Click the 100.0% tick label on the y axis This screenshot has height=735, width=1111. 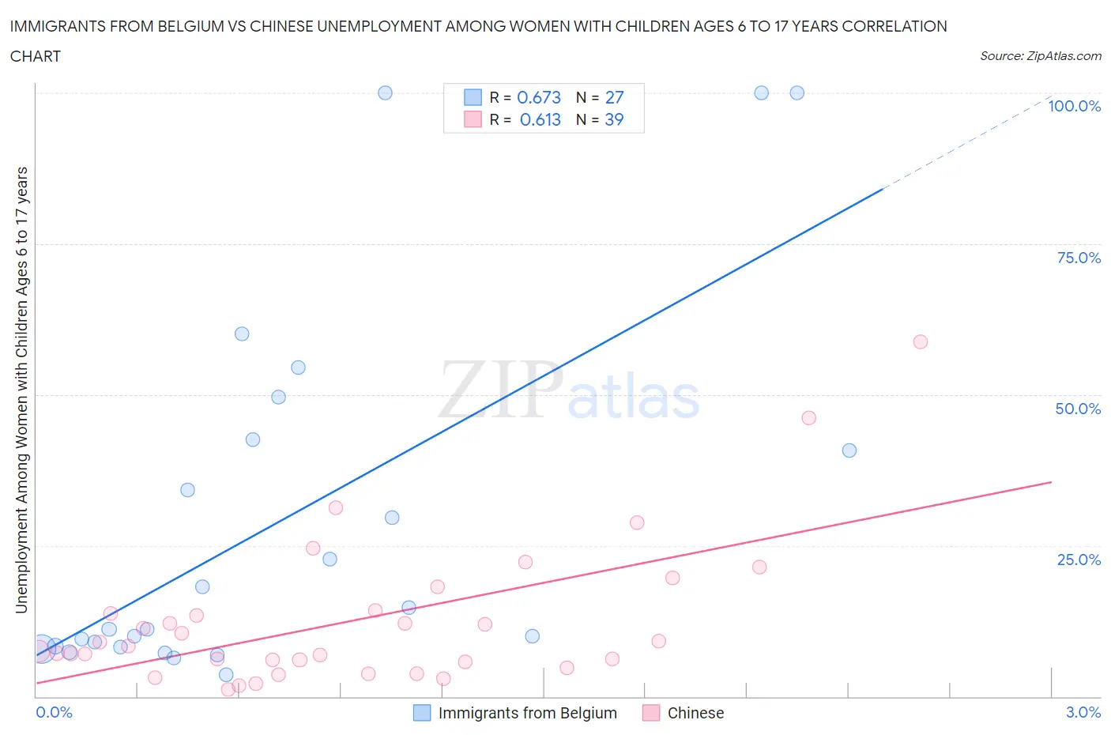[1074, 107]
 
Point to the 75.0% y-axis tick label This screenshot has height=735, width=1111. [1079, 258]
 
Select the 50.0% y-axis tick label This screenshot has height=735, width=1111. [1078, 409]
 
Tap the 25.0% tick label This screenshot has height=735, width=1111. [1079, 560]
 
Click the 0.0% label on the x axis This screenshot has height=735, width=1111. [55, 712]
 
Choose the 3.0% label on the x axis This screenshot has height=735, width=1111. [1083, 712]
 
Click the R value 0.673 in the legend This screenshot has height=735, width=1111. [539, 97]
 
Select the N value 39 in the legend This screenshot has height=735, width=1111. [614, 119]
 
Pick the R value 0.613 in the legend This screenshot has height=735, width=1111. [540, 119]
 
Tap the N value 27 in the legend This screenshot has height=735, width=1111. [614, 97]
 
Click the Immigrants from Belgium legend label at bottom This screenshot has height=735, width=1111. [527, 713]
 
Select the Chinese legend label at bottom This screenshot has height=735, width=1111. [695, 713]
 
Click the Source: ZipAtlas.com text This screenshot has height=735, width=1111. [1040, 56]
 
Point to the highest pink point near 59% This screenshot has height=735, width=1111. [920, 342]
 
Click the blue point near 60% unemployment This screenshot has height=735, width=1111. [242, 334]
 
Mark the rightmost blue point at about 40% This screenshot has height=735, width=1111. [849, 450]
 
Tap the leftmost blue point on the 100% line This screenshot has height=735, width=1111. [385, 92]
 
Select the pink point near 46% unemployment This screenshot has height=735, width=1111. [808, 418]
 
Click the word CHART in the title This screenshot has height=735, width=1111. [36, 56]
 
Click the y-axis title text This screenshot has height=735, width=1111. [21, 390]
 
